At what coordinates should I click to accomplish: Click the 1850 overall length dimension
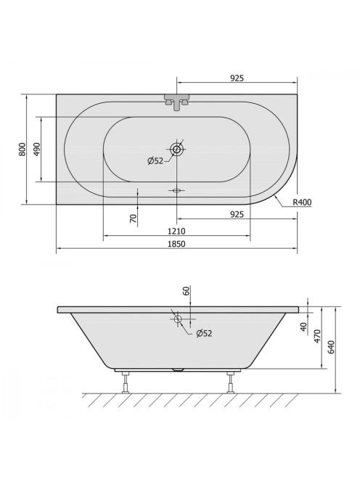tap(177, 244)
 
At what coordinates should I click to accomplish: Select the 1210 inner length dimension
tap(176, 231)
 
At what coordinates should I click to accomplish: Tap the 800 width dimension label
tap(22, 149)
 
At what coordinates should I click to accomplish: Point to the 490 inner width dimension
tap(36, 149)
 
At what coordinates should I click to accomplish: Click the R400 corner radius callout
tap(302, 202)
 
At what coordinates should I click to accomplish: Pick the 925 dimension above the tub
tap(237, 78)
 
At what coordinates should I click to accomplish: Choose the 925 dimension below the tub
tap(237, 214)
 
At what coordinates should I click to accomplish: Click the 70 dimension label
tap(133, 218)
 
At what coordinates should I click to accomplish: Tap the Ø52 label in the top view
tap(155, 160)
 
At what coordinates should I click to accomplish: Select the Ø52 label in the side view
tap(204, 333)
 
